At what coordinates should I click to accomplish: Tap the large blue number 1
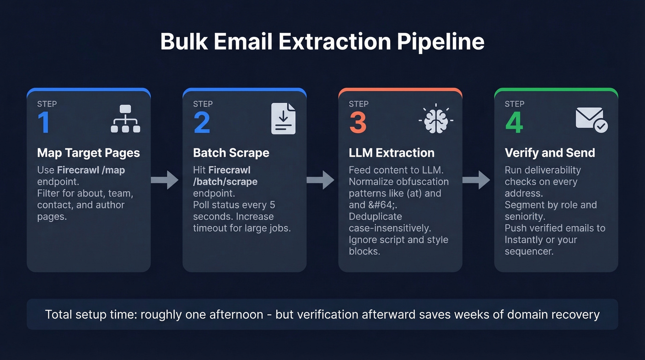click(43, 122)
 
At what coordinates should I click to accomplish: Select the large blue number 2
click(202, 122)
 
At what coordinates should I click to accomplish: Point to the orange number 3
click(358, 122)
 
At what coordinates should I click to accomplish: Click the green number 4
click(514, 122)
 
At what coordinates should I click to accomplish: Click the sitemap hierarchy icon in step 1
click(125, 119)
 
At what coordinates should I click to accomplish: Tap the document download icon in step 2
click(283, 119)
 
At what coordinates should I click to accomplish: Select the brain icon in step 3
click(436, 119)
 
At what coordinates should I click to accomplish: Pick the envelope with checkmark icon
click(592, 120)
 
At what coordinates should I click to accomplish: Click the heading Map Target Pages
click(88, 153)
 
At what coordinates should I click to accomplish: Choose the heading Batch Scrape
click(231, 153)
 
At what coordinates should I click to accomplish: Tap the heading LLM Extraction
click(392, 153)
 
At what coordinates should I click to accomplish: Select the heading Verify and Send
click(550, 153)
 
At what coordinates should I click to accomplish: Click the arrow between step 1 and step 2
click(166, 180)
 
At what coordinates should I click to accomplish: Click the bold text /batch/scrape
click(225, 182)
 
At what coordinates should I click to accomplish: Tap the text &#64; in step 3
click(381, 205)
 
